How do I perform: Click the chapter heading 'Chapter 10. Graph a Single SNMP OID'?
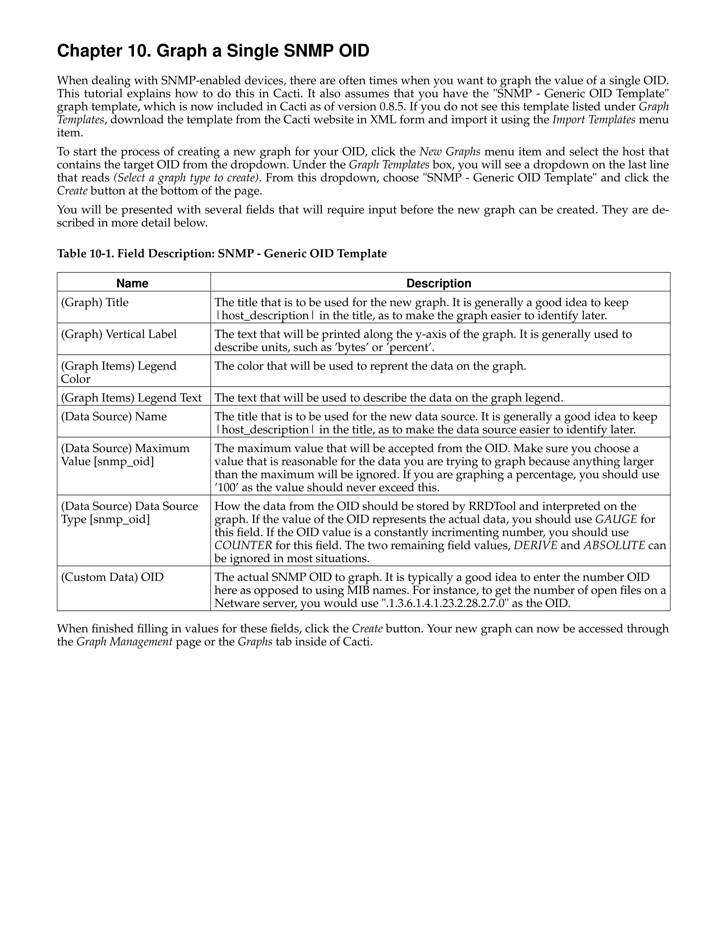(213, 51)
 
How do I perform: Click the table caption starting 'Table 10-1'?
(222, 254)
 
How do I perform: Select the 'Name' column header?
(133, 283)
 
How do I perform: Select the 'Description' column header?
(439, 283)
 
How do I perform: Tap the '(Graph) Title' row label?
(95, 302)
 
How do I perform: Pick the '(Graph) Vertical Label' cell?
(119, 334)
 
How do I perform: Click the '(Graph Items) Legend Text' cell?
(131, 398)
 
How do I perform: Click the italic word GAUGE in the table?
(616, 519)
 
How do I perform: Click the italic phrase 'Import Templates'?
(593, 119)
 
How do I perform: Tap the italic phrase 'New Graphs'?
(449, 152)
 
